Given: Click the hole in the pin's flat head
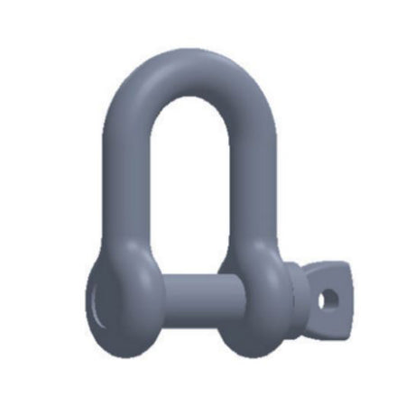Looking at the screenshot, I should (331, 295).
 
